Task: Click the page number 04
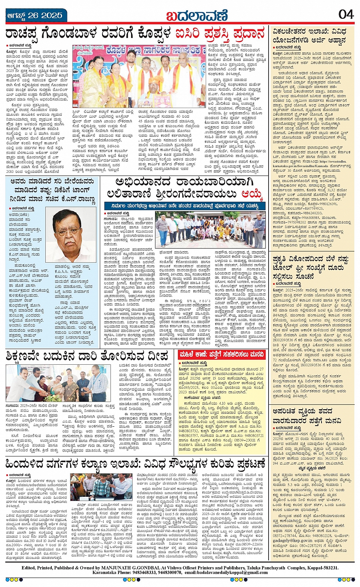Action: [346, 14]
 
